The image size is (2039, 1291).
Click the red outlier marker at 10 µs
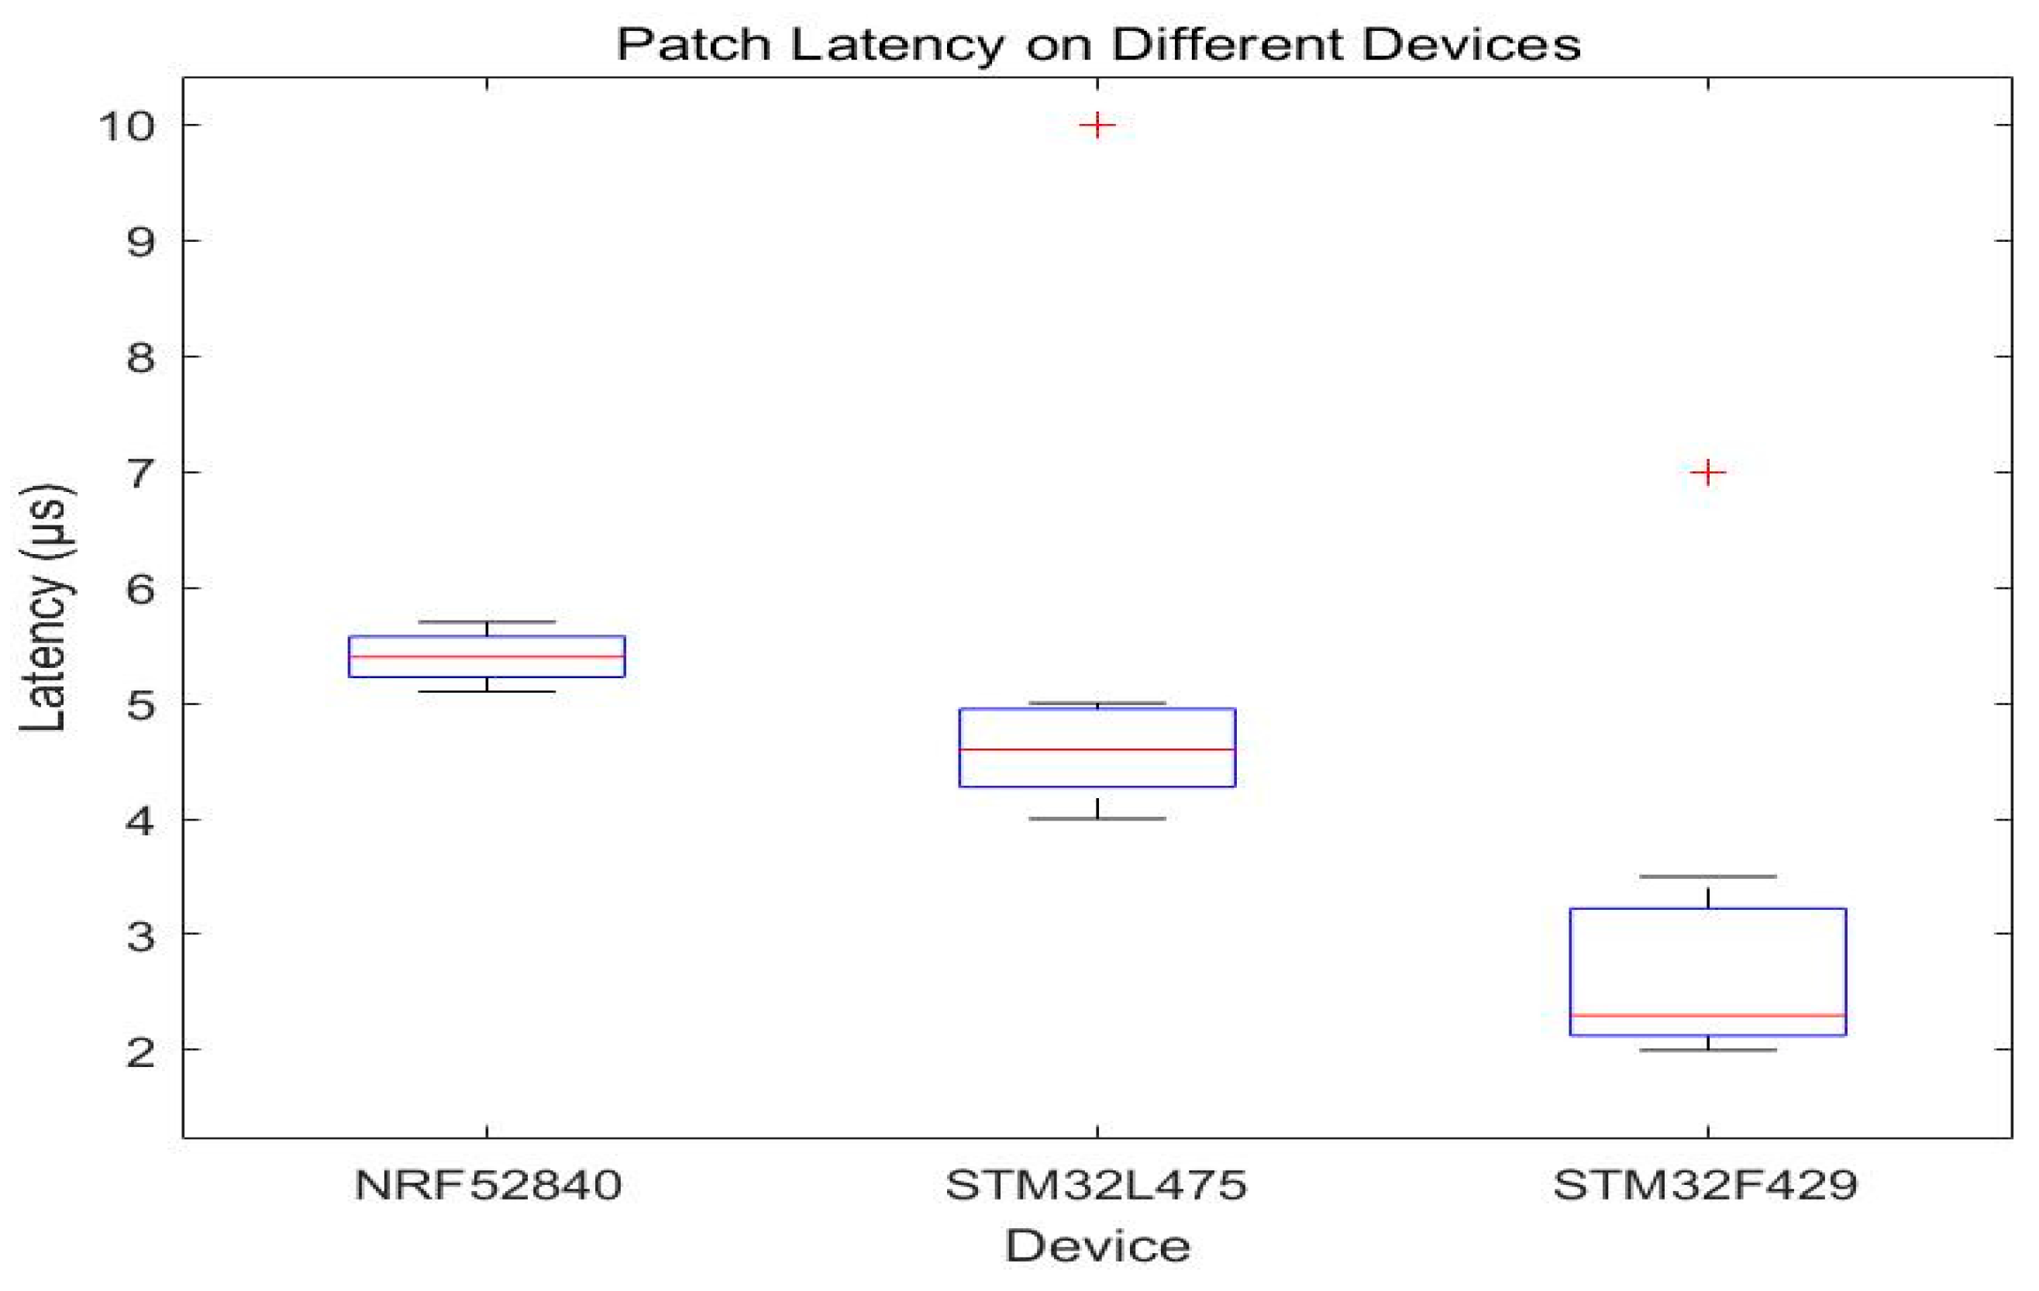[x=1097, y=126]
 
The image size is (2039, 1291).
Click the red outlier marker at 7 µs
[x=1708, y=471]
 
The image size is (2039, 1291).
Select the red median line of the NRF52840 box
[x=487, y=656]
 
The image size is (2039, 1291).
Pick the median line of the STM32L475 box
[x=1097, y=749]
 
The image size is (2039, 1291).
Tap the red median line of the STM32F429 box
[x=1708, y=1014]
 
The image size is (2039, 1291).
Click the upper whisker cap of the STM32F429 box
[x=1708, y=876]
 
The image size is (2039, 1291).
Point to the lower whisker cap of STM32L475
[x=1097, y=818]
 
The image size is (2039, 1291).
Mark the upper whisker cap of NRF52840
[x=487, y=621]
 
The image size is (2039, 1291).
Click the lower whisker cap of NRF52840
[x=487, y=692]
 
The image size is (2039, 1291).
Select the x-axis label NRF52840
[x=487, y=1185]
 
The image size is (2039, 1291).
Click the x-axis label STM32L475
[x=1097, y=1185]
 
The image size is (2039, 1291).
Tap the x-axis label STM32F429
[x=1706, y=1185]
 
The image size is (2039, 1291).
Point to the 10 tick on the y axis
[x=127, y=126]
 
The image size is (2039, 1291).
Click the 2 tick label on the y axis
[x=140, y=1051]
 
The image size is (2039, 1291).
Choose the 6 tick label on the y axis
[x=140, y=588]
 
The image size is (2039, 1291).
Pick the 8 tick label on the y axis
[x=140, y=357]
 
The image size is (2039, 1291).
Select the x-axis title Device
[x=1097, y=1246]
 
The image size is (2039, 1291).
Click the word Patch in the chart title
[x=694, y=44]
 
